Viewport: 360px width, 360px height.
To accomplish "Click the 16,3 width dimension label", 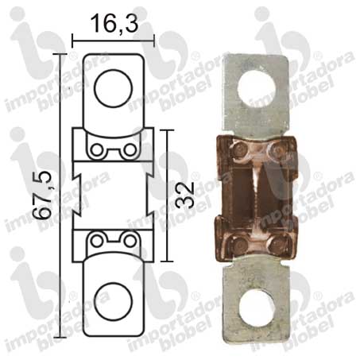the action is [114, 23].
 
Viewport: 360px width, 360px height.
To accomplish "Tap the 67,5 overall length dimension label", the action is [42, 195].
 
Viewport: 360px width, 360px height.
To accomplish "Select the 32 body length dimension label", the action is [184, 195].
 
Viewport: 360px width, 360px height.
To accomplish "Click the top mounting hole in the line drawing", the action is [113, 88].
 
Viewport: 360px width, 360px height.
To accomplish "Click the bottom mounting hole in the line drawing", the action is [113, 301].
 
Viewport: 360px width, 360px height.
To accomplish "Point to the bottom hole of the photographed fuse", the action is [256, 308].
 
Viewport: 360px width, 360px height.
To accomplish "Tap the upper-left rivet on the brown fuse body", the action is [241, 150].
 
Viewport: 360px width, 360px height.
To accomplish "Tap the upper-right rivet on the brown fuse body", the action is [277, 150].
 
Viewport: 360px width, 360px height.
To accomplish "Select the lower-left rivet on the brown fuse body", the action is [239, 243].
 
